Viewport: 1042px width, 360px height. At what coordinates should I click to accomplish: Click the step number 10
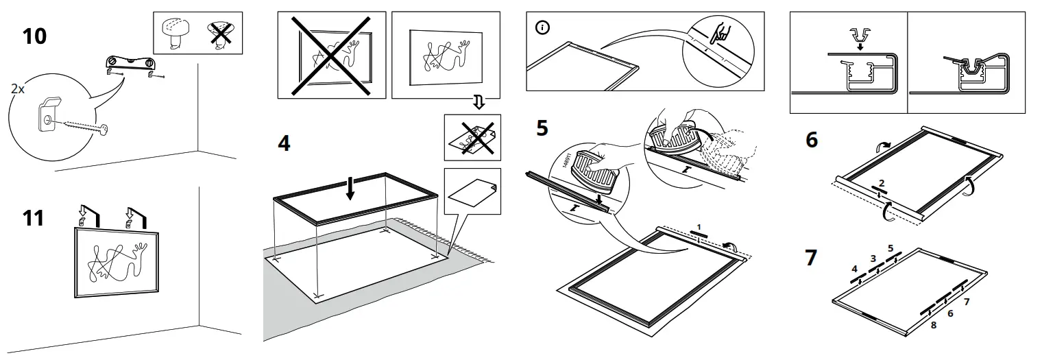point(34,35)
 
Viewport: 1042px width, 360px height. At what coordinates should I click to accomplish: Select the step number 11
point(33,218)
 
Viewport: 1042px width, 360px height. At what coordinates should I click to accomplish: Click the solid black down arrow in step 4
point(350,187)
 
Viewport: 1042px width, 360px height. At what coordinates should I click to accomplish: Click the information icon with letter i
point(542,28)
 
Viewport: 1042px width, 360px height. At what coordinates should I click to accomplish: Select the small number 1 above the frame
point(699,226)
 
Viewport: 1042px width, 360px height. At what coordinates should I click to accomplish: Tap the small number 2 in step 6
point(882,184)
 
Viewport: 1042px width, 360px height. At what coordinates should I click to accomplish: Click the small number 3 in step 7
point(873,258)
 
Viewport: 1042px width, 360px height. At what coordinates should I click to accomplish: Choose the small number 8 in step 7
point(933,325)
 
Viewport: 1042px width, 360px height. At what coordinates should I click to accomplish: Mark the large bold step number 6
point(812,139)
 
